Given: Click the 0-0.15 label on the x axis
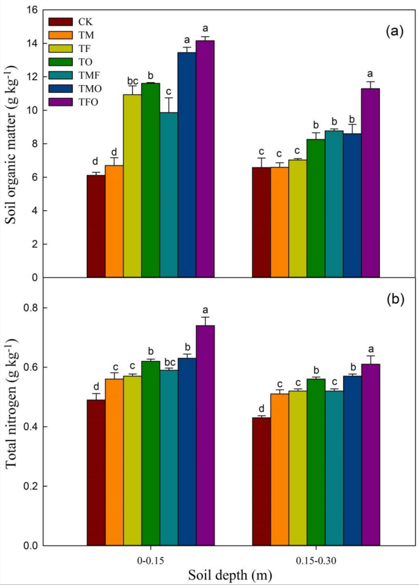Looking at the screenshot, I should click(150, 559).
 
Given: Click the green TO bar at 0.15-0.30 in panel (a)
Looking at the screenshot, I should click(315, 208).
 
